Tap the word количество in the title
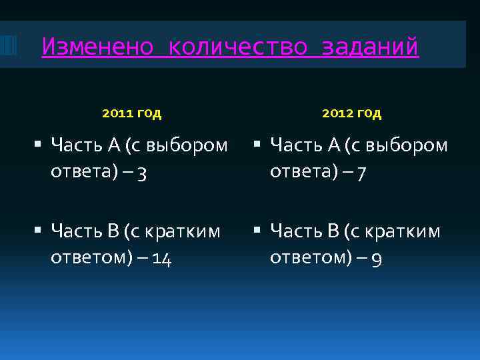pyautogui.click(x=238, y=47)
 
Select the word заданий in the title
pyautogui.click(x=370, y=47)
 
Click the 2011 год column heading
pyautogui.click(x=132, y=113)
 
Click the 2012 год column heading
pyautogui.click(x=351, y=113)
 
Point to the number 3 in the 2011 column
pyautogui.click(x=143, y=173)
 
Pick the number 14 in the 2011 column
pyautogui.click(x=162, y=259)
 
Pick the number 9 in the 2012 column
pyautogui.click(x=377, y=259)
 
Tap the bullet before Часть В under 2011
pyautogui.click(x=37, y=231)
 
